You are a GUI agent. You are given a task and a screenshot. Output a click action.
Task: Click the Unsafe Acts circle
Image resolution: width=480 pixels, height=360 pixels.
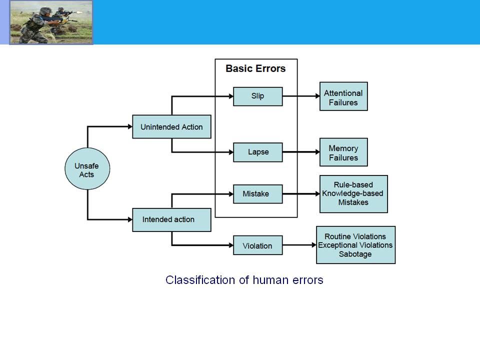87,168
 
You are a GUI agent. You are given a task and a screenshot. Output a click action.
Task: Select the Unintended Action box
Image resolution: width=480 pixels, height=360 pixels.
171,126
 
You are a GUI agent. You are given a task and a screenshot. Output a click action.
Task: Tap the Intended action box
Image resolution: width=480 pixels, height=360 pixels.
171,220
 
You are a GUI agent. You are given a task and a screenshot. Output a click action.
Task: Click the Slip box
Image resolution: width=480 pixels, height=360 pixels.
258,96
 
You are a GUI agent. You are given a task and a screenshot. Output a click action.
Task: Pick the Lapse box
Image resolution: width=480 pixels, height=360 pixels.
258,152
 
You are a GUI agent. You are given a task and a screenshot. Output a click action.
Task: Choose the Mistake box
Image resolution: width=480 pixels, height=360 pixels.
258,194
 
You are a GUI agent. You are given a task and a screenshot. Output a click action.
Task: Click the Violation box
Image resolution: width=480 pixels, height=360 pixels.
258,245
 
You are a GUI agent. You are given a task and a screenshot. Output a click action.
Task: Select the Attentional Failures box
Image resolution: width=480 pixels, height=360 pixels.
343,96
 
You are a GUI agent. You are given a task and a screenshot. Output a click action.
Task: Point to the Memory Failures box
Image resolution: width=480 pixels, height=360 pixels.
343,152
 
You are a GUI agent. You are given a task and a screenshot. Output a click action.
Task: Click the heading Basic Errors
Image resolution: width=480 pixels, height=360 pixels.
255,68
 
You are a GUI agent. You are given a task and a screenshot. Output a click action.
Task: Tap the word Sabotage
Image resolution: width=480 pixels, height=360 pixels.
355,254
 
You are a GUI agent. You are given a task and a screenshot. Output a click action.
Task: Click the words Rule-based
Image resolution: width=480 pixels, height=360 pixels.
353,185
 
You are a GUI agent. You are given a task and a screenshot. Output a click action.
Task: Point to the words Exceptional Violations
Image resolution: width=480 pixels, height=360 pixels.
355,245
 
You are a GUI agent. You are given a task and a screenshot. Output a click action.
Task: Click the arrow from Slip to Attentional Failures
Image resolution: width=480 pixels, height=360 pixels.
301,96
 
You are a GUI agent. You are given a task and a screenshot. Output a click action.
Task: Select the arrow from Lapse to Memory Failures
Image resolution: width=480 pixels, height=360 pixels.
301,152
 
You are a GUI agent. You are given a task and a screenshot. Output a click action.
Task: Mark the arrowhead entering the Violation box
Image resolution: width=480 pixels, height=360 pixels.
231,245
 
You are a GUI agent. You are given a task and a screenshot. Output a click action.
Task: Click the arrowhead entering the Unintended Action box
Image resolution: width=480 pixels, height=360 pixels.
130,126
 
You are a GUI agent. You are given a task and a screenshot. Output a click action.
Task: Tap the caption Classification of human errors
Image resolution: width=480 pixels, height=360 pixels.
244,280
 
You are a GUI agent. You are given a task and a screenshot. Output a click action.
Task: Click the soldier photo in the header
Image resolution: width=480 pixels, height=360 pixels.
51,22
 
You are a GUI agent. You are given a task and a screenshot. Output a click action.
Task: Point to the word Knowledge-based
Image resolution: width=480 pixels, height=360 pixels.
352,193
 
